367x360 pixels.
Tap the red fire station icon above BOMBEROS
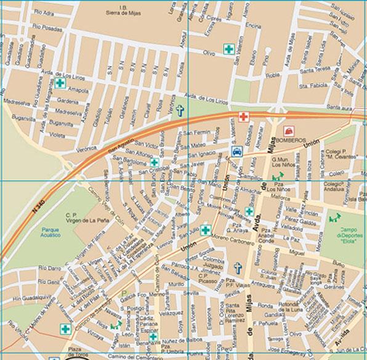coord(287,131)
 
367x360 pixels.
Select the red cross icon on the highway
coord(244,117)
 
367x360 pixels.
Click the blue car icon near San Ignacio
coord(236,152)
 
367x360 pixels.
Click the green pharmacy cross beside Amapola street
coord(60,83)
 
